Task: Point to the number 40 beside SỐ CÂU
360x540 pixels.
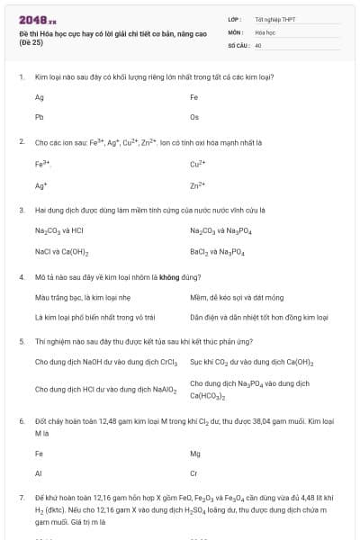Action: (258, 44)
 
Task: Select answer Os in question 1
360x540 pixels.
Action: (194, 117)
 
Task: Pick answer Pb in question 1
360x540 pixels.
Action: (40, 117)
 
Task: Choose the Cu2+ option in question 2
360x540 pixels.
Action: (198, 164)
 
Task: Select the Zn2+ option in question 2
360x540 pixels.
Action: (198, 185)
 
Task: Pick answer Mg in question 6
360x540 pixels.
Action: (195, 454)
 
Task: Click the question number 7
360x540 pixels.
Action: (21, 497)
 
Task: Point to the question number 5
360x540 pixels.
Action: (21, 342)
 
